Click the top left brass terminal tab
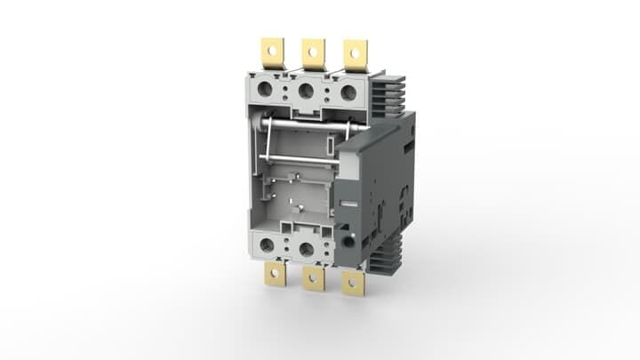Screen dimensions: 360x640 coord(270,51)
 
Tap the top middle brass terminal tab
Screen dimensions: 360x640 coord(313,52)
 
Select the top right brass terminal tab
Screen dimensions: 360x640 coord(356,54)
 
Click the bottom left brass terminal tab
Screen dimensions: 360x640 coord(276,274)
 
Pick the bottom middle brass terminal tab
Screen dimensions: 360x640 coord(313,278)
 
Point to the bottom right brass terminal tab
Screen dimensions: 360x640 coord(354,283)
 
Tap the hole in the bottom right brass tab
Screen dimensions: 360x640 coord(354,284)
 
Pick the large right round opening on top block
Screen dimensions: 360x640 coord(348,92)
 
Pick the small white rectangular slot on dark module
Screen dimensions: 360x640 coord(331,144)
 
